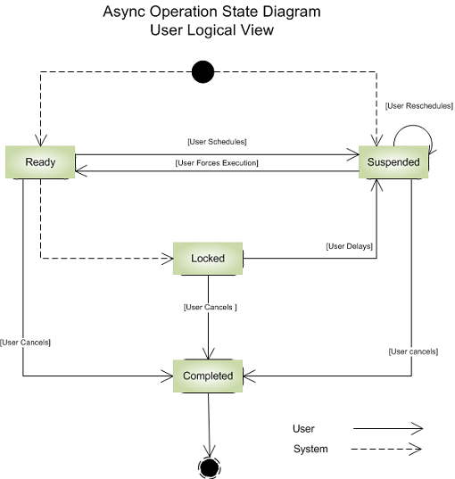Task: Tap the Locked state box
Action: [x=208, y=258]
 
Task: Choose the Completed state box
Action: [x=208, y=376]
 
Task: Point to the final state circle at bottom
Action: [x=210, y=467]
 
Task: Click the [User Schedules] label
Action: [x=217, y=142]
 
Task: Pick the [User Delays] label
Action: [x=349, y=245]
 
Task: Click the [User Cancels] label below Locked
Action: [x=210, y=308]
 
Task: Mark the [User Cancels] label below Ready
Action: [x=26, y=343]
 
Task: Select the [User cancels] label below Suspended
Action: [x=413, y=351]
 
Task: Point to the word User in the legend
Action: [x=303, y=429]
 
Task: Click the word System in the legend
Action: [x=310, y=449]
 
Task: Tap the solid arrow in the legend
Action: [x=387, y=429]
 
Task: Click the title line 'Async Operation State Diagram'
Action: [x=211, y=13]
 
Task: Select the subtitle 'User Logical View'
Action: [x=211, y=30]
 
